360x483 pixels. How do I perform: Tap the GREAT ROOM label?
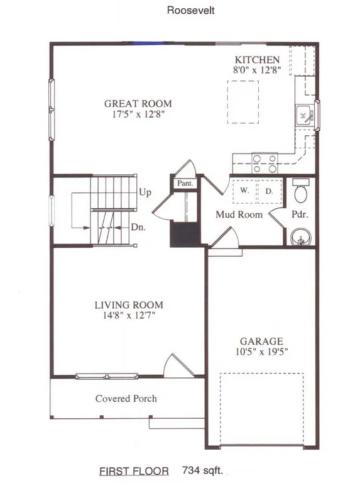click(x=138, y=104)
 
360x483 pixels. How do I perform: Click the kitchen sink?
click(x=303, y=115)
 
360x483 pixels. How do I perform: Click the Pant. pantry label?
click(x=184, y=184)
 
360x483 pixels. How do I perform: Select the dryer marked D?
click(x=268, y=191)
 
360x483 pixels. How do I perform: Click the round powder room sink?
click(x=301, y=238)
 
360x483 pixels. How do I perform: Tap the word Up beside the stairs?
click(x=145, y=192)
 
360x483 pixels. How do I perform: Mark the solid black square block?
click(x=184, y=235)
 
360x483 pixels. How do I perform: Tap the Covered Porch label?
click(x=126, y=399)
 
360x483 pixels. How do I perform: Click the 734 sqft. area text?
click(x=202, y=469)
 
